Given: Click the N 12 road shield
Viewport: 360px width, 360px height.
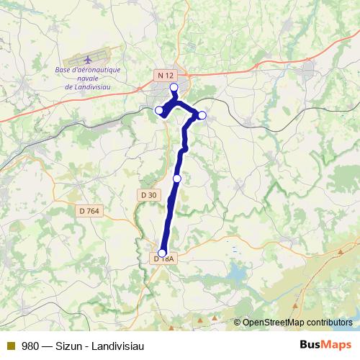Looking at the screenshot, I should [166, 75].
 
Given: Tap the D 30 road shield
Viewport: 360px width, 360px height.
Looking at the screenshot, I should [148, 194].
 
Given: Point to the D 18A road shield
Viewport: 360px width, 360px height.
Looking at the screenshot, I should [164, 258].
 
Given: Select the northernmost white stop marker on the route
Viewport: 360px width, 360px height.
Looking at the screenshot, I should [174, 87].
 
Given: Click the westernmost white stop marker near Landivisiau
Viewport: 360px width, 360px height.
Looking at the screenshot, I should [159, 110].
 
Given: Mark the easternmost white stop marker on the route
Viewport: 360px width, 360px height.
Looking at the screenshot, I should [202, 115].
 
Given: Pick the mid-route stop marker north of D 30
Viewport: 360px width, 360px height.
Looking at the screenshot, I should [177, 179].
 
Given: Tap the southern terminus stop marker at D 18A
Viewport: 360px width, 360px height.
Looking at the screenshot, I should [162, 253].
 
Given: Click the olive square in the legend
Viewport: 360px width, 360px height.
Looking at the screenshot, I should [11, 346].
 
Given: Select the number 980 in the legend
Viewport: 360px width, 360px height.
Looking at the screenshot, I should [30, 346].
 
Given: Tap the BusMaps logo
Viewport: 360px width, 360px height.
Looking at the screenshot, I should [326, 345].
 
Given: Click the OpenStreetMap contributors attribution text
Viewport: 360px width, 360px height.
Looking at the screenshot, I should [297, 322].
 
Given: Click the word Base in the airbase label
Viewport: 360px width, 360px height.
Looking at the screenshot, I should [66, 70].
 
